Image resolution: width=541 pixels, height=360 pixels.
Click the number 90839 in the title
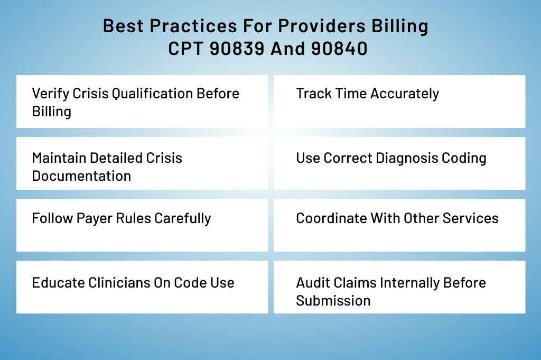pyautogui.click(x=237, y=48)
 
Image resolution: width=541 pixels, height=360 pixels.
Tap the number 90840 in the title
pyautogui.click(x=339, y=48)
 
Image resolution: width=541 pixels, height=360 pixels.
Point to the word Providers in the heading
pyautogui.click(x=322, y=26)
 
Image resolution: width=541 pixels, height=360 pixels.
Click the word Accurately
pyautogui.click(x=405, y=94)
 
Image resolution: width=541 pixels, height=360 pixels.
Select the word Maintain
pyautogui.click(x=59, y=158)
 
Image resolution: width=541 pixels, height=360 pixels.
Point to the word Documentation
pyautogui.click(x=81, y=176)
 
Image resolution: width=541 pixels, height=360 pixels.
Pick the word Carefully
pyautogui.click(x=182, y=219)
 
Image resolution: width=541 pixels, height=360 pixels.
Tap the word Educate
pyautogui.click(x=58, y=283)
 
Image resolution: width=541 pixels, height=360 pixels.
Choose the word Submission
pyautogui.click(x=333, y=301)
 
